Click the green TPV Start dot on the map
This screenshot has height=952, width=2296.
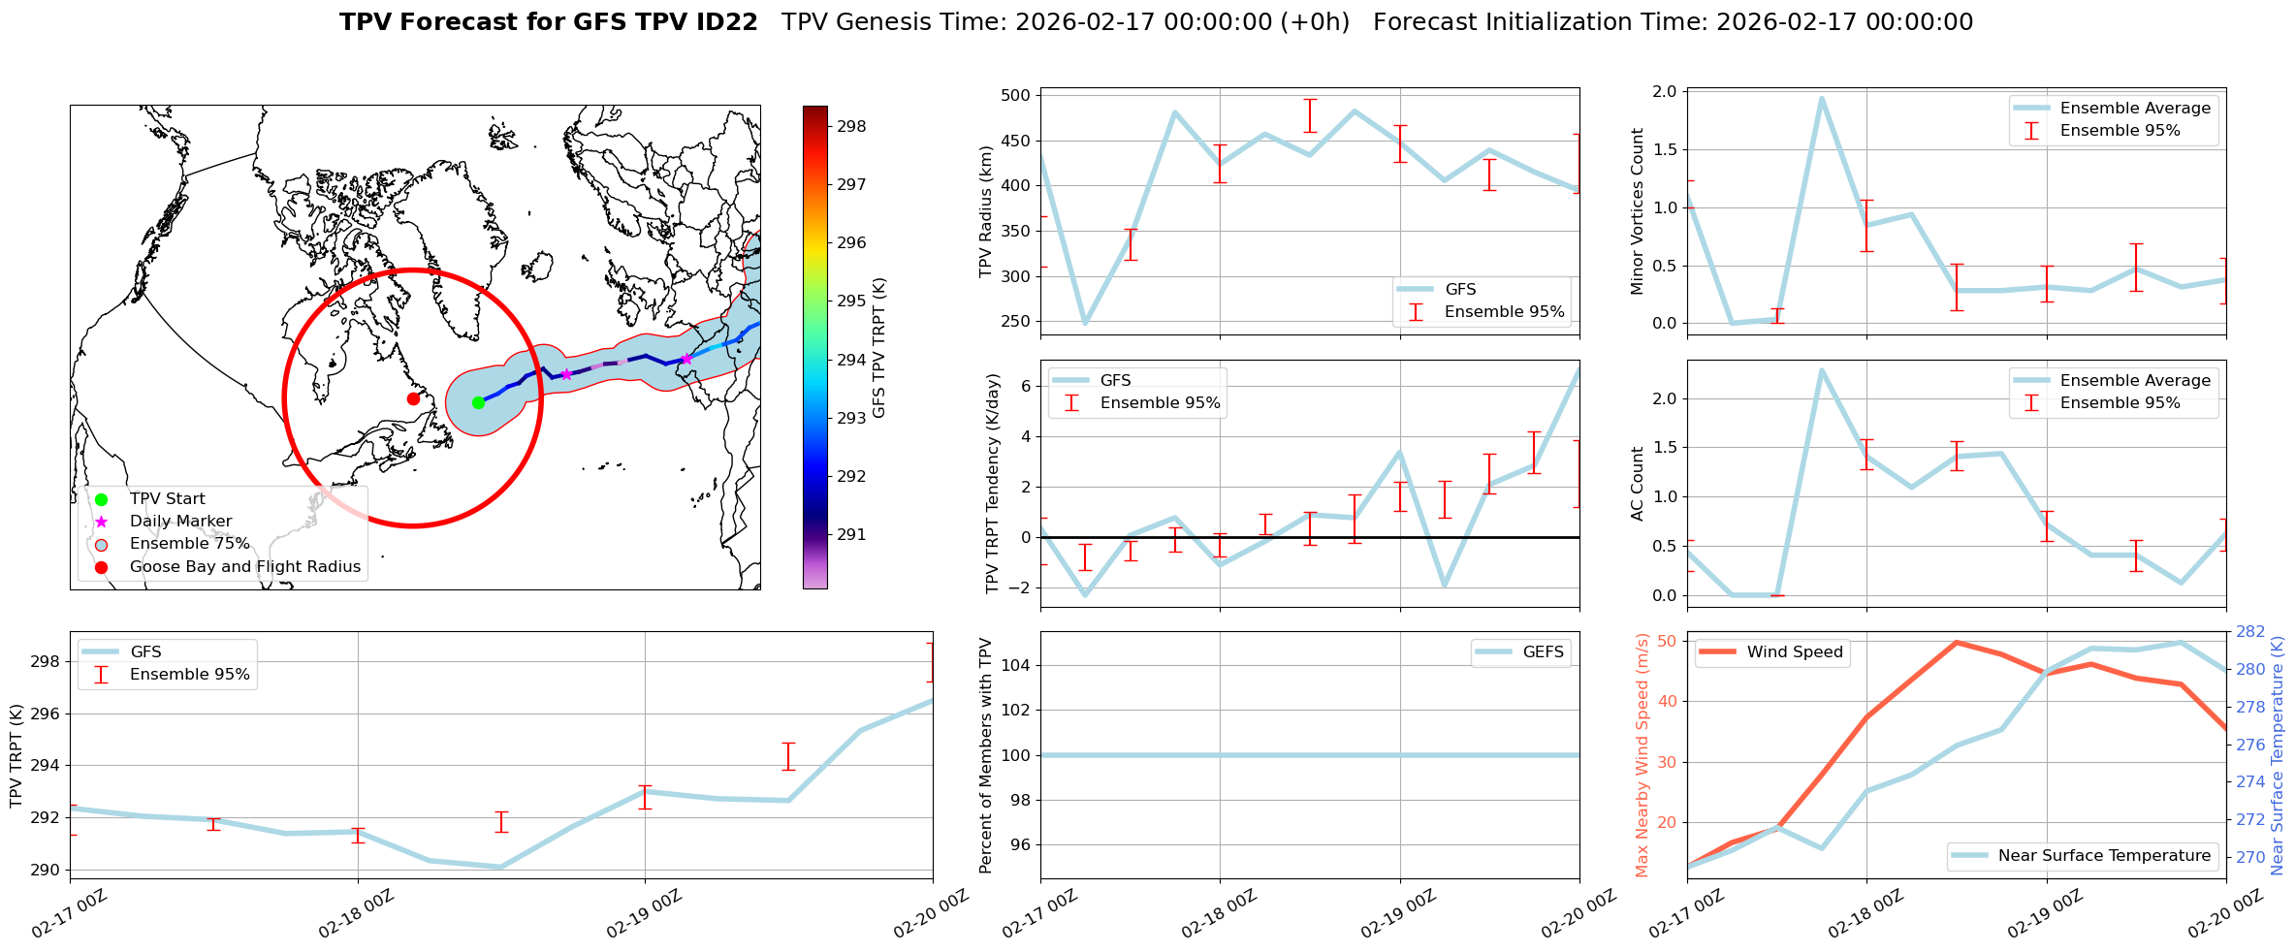(x=478, y=402)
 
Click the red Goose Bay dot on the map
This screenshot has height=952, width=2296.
(x=413, y=398)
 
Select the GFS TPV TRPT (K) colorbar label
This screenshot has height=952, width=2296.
(x=879, y=347)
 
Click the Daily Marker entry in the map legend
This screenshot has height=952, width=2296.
(x=180, y=522)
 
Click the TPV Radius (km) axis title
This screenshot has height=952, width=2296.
(x=986, y=211)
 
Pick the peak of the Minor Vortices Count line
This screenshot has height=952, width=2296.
(x=1822, y=98)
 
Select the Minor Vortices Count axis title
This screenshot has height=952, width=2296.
(x=1638, y=211)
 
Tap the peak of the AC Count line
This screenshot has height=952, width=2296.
(x=1822, y=369)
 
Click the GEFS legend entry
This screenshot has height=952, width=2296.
(x=1543, y=652)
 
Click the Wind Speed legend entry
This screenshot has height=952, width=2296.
(x=1794, y=652)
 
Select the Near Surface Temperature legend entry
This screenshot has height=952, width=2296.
(x=2103, y=856)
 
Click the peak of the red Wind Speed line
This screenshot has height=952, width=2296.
(x=1957, y=642)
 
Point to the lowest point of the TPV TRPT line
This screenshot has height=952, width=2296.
(x=500, y=867)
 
